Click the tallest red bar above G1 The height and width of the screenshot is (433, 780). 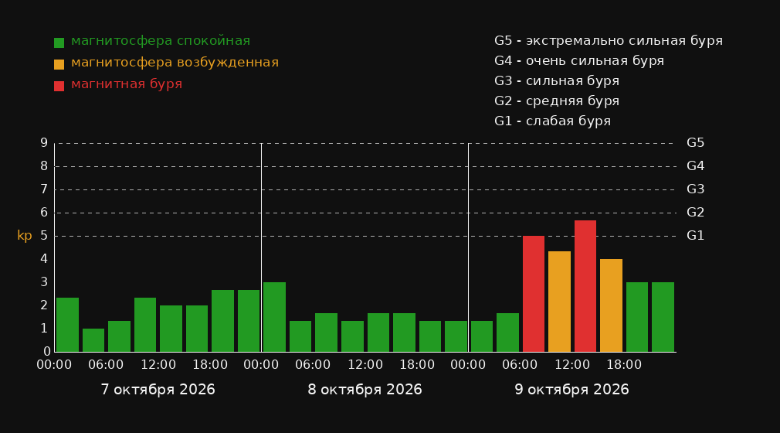tap(585, 286)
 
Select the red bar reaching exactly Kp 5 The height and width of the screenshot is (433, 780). tap(534, 294)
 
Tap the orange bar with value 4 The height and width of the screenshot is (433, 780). tap(611, 305)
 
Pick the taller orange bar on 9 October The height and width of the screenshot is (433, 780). tap(559, 302)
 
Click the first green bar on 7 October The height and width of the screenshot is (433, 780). tap(67, 325)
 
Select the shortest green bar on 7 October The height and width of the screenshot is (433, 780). tap(93, 340)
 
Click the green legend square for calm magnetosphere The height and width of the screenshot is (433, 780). tap(59, 43)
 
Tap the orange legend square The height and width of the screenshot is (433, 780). tap(59, 64)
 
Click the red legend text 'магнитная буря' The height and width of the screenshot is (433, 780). tap(127, 84)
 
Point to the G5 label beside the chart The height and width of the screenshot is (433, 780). tap(695, 143)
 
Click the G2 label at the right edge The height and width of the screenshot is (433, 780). tap(695, 213)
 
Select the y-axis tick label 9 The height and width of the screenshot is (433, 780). tap(44, 143)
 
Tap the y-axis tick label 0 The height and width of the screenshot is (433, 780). tap(47, 352)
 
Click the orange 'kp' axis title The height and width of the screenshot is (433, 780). tap(25, 236)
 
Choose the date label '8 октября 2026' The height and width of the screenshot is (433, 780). tap(365, 390)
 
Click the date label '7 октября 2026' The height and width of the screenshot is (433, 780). tap(158, 390)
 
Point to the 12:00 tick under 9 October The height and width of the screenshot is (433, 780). tap(572, 365)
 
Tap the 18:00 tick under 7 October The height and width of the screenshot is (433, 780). tap(210, 365)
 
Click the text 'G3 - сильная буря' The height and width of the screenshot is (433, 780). tap(557, 80)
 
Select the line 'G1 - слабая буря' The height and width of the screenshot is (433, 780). tap(552, 121)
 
